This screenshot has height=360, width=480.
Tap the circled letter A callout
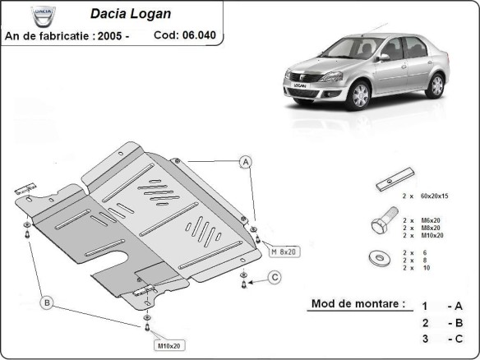click(x=245, y=162)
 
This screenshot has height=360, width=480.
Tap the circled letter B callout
click(x=47, y=303)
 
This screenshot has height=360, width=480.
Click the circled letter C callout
click(x=275, y=276)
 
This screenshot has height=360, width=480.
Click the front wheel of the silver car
click(x=358, y=96)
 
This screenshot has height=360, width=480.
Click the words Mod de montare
click(x=358, y=303)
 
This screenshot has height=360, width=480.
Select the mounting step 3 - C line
click(x=440, y=339)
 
